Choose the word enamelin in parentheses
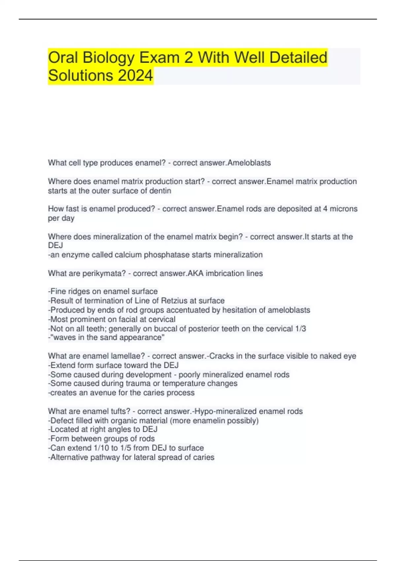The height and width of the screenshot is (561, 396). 206,421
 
